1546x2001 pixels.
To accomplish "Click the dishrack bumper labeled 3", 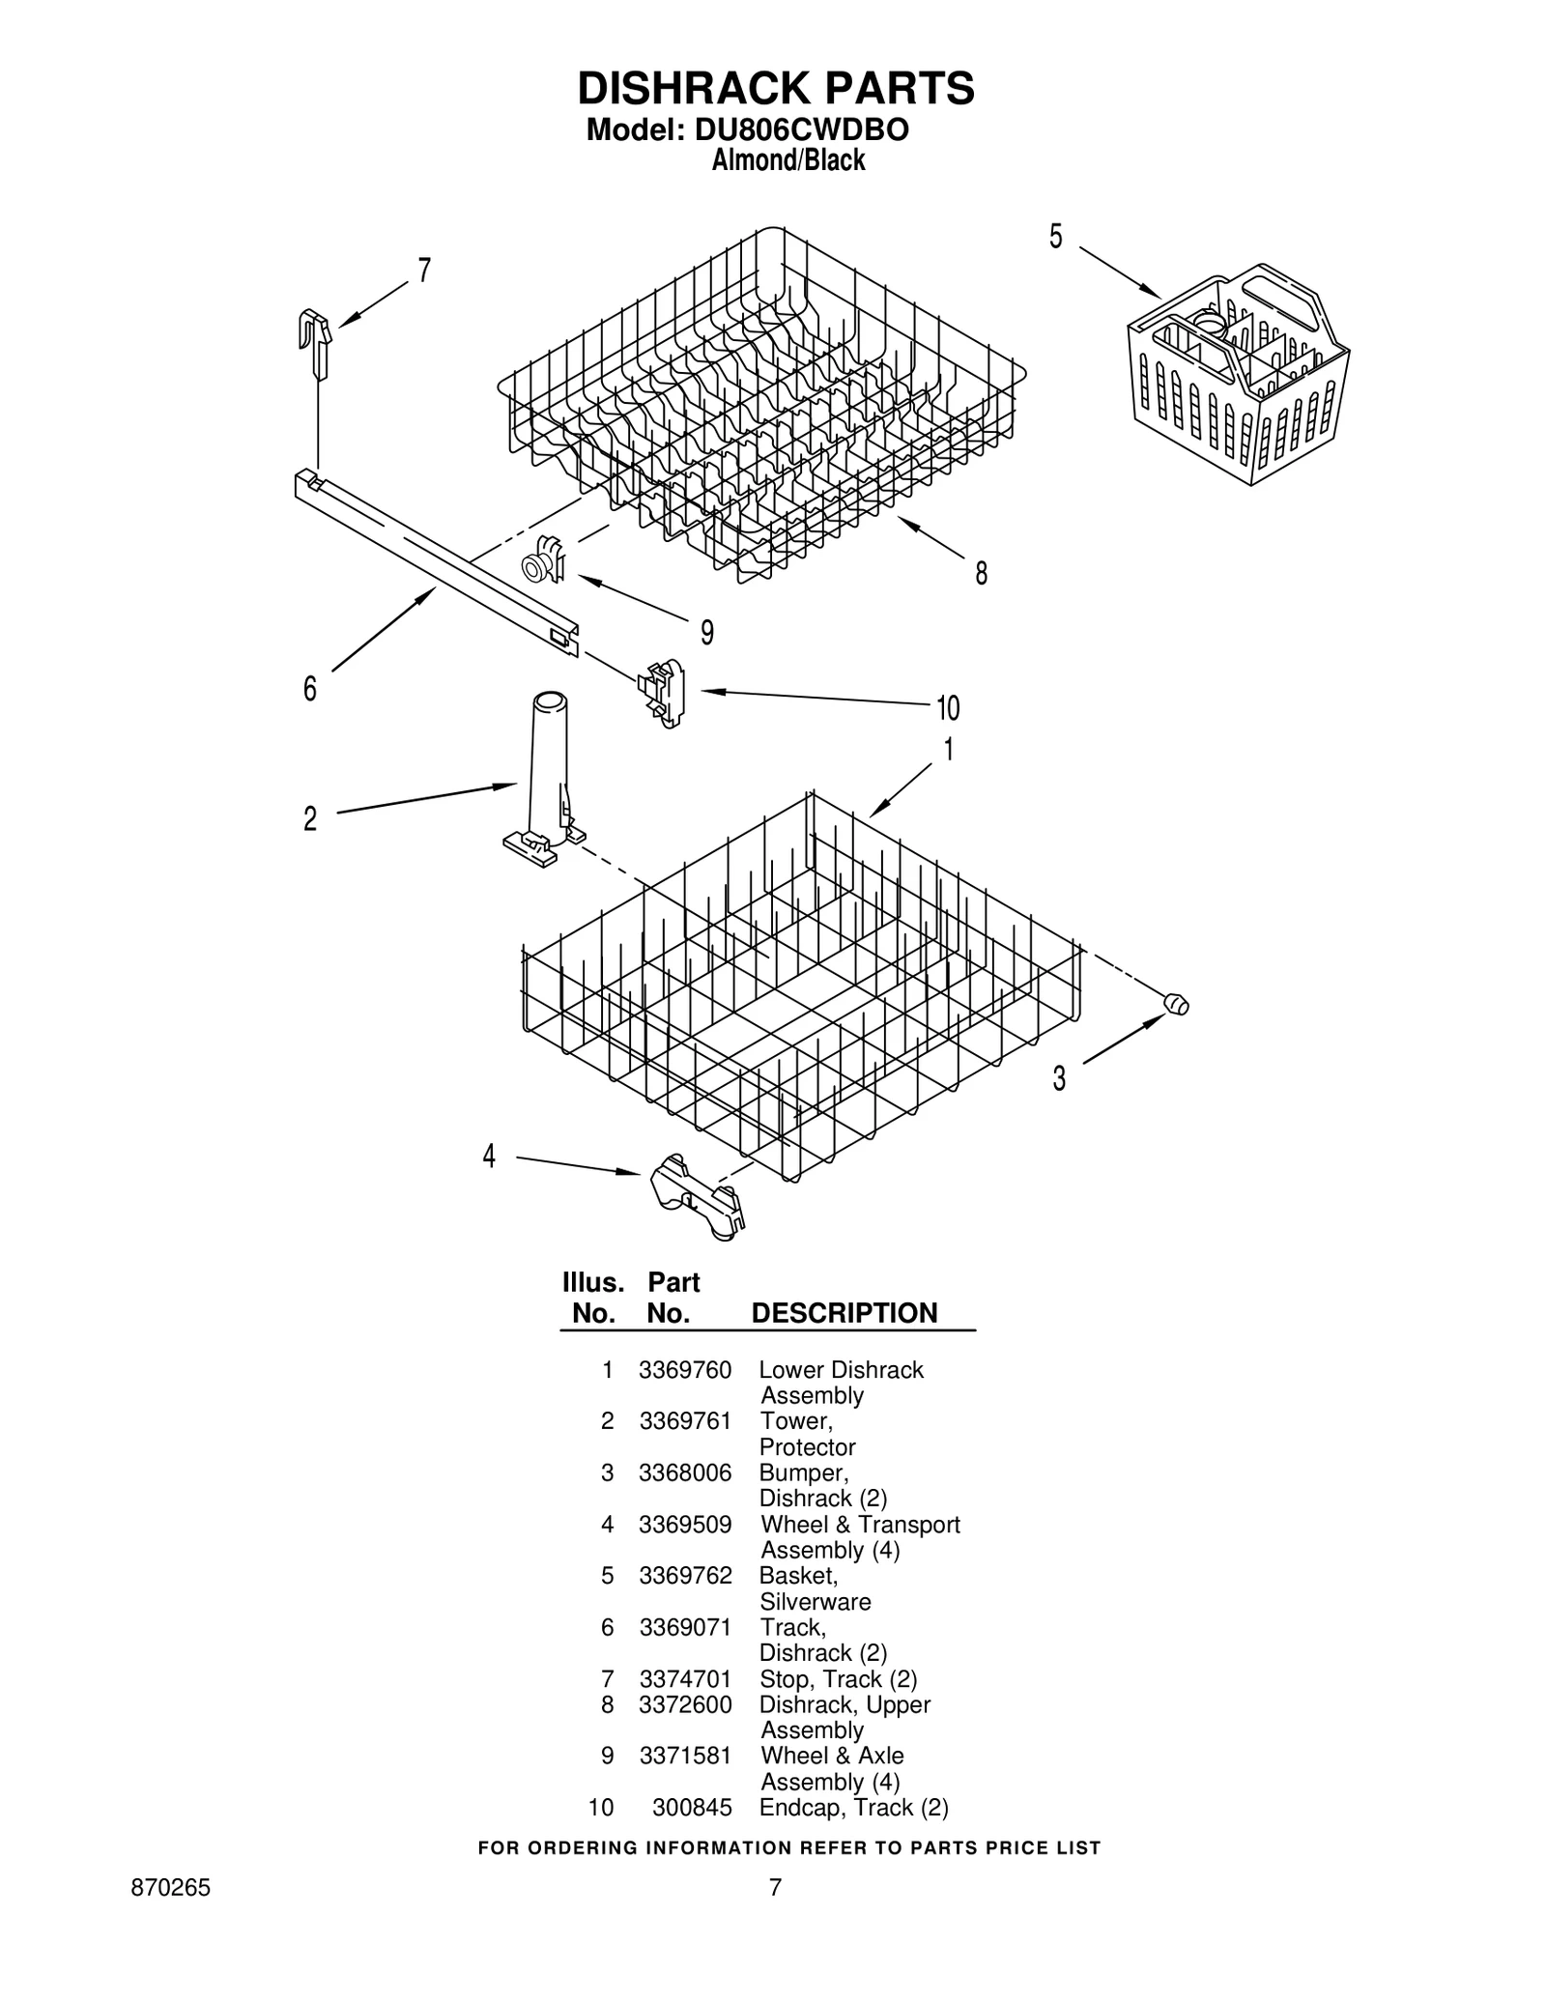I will pyautogui.click(x=1176, y=1004).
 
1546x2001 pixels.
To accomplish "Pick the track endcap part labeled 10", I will pyautogui.click(x=663, y=692).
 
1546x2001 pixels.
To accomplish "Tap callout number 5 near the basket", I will pyautogui.click(x=1055, y=236).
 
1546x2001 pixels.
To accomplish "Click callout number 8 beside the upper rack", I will pyautogui.click(x=981, y=574).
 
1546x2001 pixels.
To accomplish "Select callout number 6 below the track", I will pyautogui.click(x=309, y=689).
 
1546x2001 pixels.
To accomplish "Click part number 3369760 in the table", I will pyautogui.click(x=684, y=1369).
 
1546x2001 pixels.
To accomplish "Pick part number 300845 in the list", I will pyautogui.click(x=691, y=1807).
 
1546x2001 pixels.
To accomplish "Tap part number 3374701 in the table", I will pyautogui.click(x=684, y=1678).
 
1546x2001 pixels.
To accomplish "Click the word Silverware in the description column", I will pyautogui.click(x=815, y=1601).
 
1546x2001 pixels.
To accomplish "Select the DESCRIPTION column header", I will pyautogui.click(x=844, y=1313).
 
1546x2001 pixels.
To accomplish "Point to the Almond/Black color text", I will pyautogui.click(x=787, y=160).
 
